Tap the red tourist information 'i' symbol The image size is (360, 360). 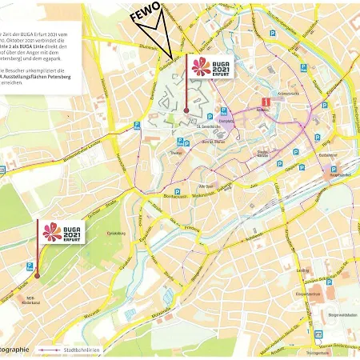point(265,102)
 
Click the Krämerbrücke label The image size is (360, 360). point(288,93)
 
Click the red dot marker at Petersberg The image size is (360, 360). point(186,110)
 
